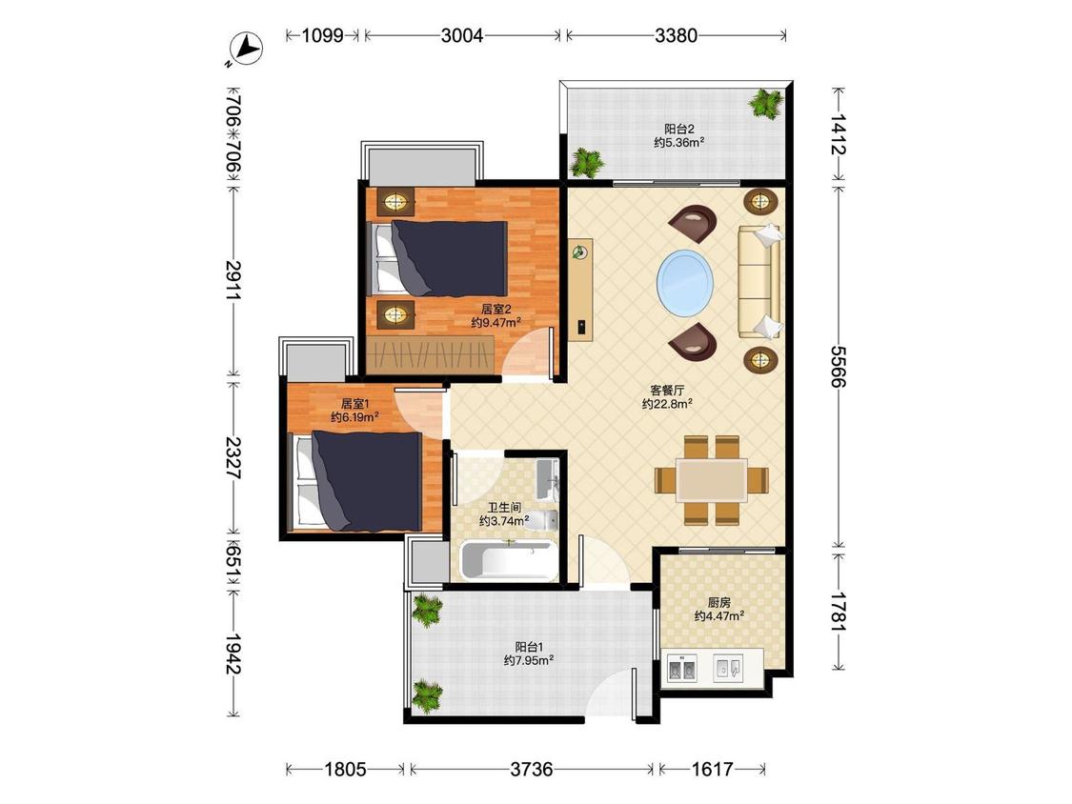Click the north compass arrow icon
pos(247,49)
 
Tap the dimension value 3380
pos(676,35)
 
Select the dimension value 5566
pos(839,366)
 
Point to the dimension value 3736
pos(531,770)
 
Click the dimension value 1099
pos(323,35)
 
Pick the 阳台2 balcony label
pos(679,129)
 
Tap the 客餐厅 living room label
pos(667,391)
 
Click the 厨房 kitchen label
pos(719,602)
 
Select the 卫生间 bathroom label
pos(504,508)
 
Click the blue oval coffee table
pos(685,282)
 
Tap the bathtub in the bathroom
pos(507,560)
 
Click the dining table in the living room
pos(712,481)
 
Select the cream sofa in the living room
pos(758,281)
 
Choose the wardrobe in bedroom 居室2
pos(430,355)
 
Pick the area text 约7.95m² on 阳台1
pos(529,660)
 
